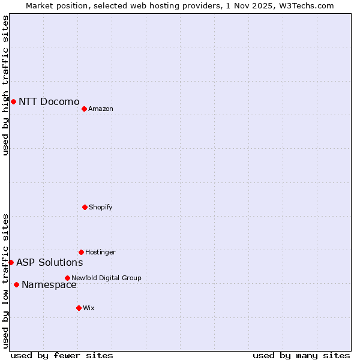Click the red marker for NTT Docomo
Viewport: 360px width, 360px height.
pos(13,101)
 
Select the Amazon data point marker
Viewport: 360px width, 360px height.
pos(84,109)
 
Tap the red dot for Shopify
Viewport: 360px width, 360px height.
pos(85,207)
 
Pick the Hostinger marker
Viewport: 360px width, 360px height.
pos(81,252)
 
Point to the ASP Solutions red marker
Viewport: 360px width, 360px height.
pos(11,262)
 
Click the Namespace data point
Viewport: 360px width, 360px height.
pos(16,284)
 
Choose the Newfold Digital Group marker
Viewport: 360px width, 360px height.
pos(67,278)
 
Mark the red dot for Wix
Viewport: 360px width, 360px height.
pos(79,308)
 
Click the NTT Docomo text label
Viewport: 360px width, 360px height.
pos(49,101)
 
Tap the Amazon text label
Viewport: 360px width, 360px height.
pos(101,109)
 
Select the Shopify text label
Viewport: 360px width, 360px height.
pos(101,207)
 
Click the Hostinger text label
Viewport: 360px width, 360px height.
pos(100,252)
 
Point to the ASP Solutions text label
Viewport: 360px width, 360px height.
pos(49,262)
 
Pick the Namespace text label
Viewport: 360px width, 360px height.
pos(49,285)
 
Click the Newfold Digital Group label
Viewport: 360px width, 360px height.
pos(106,278)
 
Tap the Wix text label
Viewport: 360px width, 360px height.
pos(89,308)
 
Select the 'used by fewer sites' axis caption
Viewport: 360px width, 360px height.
pos(62,355)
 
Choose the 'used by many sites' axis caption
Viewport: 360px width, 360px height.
pos(301,355)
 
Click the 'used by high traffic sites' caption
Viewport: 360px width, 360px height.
pos(5,85)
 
